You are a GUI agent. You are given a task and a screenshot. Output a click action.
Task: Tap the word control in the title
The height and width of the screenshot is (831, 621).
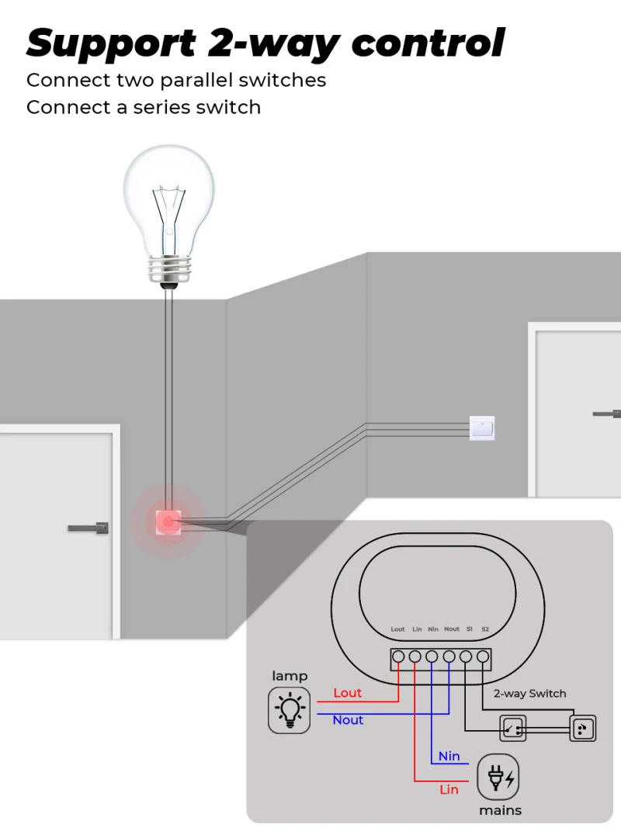point(428,43)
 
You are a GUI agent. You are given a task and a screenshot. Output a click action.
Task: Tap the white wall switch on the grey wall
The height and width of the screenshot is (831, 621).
point(482,428)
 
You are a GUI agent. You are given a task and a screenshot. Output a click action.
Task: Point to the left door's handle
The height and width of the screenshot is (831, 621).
point(89,528)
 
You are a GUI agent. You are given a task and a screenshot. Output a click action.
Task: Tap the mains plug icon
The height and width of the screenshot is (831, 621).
point(498,776)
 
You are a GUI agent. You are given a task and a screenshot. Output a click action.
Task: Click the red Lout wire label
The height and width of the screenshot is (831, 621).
point(347,693)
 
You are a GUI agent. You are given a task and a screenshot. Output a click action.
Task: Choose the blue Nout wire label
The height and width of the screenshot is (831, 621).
point(348,720)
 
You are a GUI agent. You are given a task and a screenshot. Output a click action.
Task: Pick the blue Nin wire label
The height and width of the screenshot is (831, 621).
point(449,756)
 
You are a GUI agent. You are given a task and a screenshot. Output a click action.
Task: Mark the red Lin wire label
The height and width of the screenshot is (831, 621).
point(449,790)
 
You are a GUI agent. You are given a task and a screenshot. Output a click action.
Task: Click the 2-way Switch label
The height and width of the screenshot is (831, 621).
point(530,694)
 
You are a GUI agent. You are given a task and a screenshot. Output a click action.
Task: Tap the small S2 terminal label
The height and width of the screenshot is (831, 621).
point(485,629)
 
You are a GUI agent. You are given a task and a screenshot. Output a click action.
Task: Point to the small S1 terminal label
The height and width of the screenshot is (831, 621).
point(469,629)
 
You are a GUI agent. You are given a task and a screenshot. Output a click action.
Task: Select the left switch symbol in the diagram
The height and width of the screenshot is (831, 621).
point(512,728)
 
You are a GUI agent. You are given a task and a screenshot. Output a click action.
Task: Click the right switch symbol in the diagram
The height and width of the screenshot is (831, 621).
point(582,728)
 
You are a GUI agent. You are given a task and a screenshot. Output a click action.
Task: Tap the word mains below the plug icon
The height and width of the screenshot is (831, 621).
point(500,810)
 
